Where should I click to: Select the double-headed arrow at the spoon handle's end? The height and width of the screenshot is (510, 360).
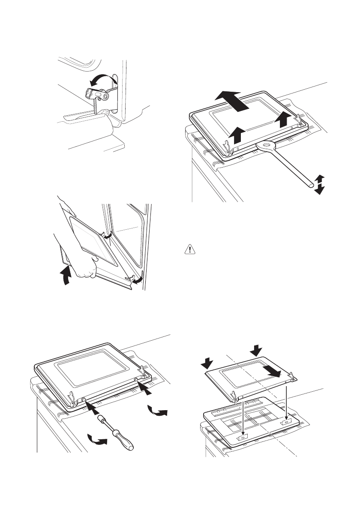point(318,184)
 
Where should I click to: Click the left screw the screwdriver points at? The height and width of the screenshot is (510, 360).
point(84,400)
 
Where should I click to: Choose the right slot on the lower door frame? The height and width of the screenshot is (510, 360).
point(285,422)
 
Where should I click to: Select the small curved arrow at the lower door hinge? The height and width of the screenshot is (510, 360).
point(137,279)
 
